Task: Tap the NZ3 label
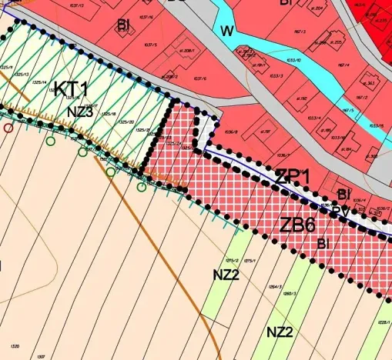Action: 79,112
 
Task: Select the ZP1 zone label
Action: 292,176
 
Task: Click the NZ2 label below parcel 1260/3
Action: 280,332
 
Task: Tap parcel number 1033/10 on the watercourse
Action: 293,58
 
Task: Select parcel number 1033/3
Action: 276,75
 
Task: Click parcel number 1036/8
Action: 230,132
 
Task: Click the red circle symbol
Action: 8,128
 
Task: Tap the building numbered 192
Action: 303,98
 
